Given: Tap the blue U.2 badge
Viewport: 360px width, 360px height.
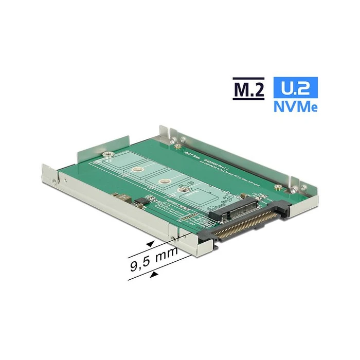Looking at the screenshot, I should (x=296, y=88).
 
